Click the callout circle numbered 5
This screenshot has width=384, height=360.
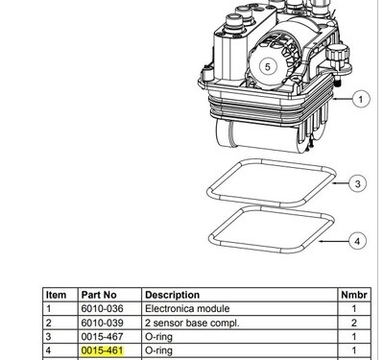[268, 66]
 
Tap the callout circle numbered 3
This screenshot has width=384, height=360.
[357, 182]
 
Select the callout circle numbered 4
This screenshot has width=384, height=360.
[357, 241]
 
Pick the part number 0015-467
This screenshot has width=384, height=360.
[102, 338]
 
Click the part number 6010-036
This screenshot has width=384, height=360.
[102, 309]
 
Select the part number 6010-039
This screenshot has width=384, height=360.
[102, 324]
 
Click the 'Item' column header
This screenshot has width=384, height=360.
[57, 295]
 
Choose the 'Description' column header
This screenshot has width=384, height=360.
[173, 295]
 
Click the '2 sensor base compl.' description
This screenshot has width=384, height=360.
[192, 324]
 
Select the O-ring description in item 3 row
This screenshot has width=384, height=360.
[160, 338]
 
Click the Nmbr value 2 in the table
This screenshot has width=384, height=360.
[353, 324]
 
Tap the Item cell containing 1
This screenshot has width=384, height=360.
[50, 309]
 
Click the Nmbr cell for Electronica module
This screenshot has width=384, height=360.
[353, 309]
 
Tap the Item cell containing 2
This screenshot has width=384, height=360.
[50, 324]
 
